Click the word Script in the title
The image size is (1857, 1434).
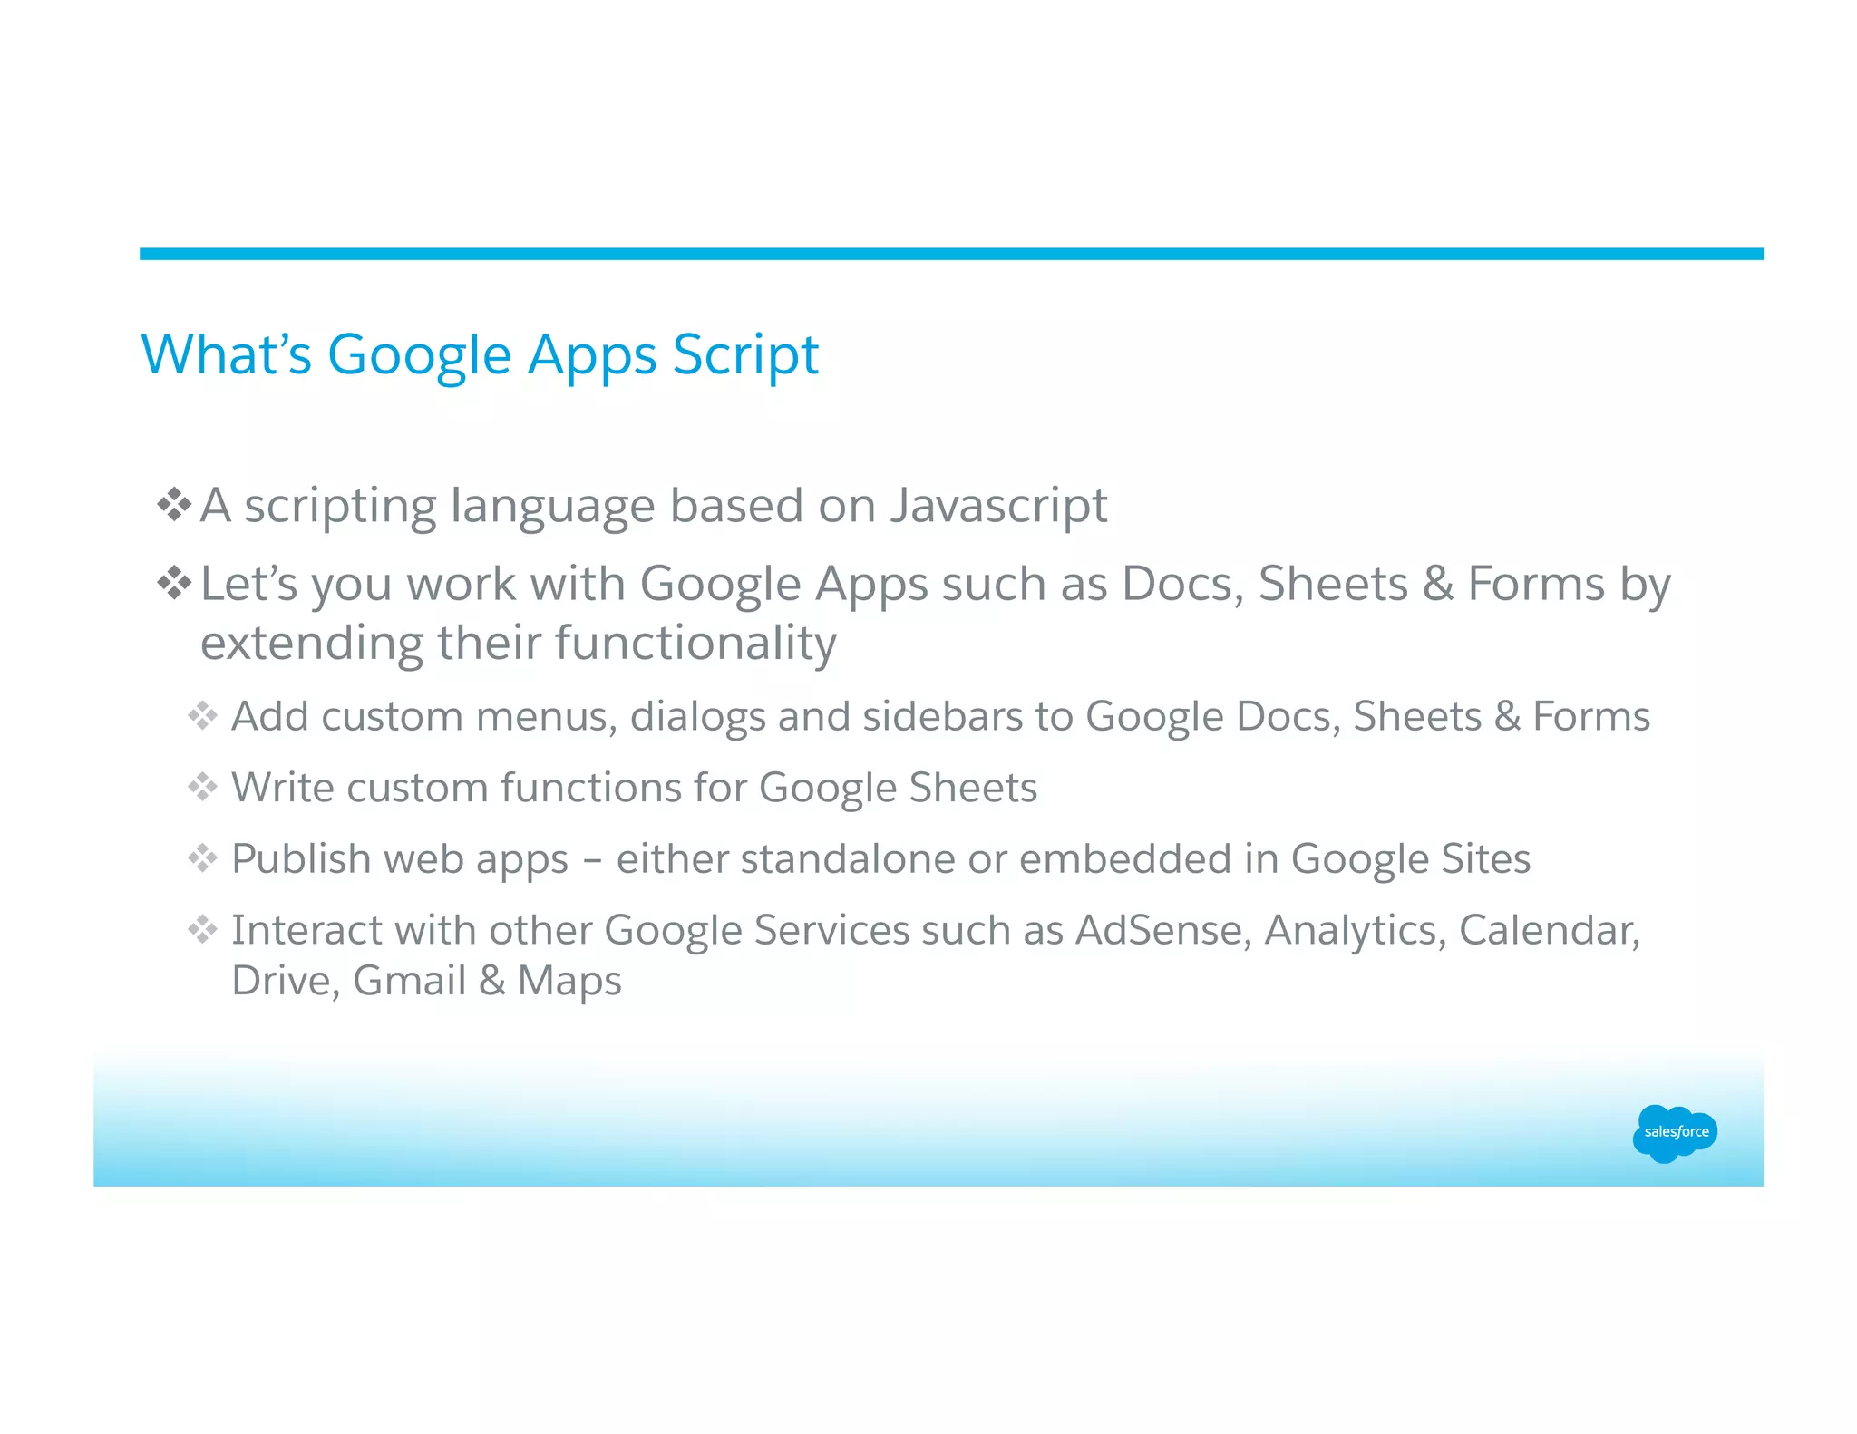pos(745,354)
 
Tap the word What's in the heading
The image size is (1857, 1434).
pos(226,354)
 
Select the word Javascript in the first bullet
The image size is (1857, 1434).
pos(998,506)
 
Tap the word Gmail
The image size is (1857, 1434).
pos(409,981)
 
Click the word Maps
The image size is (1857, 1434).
pos(569,981)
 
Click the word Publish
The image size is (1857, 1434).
pos(301,859)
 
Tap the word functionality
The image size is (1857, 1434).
pos(695,644)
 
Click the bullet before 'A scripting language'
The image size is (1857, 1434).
pos(173,505)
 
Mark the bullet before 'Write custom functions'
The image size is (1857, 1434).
pos(202,787)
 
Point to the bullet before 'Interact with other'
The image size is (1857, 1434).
pos(202,929)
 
